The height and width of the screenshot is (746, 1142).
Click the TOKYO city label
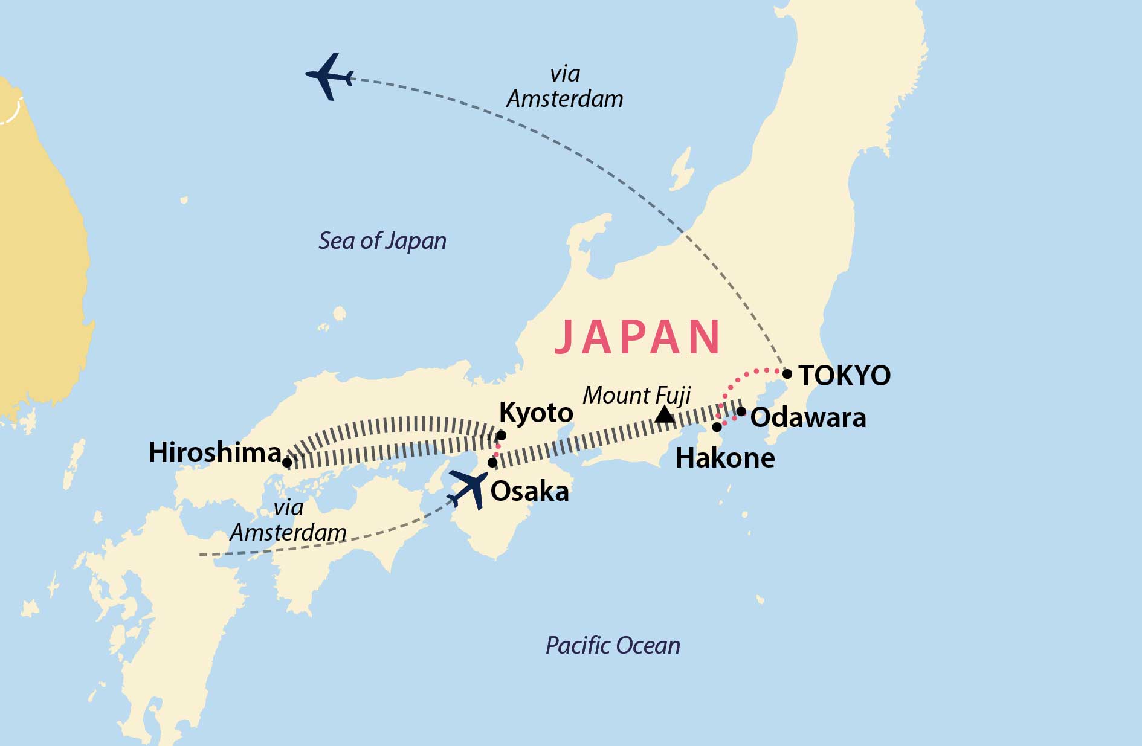pos(844,376)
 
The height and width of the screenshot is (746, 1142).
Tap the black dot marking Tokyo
pos(787,374)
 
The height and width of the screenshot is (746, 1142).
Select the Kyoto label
pos(536,414)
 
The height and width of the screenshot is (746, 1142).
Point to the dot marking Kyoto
pos(501,435)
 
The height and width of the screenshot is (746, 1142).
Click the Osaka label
pos(529,492)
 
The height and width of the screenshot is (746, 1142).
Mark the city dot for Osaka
pos(492,463)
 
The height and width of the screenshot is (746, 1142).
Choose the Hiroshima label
pos(215,452)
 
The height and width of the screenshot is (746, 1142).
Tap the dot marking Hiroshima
pos(288,463)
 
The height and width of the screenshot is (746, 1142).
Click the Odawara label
pos(808,418)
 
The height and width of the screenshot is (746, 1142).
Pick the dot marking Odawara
pos(741,411)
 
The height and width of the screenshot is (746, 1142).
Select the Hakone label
pos(725,458)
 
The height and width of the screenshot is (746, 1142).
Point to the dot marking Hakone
pos(717,427)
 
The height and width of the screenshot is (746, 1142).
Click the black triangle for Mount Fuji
pos(665,415)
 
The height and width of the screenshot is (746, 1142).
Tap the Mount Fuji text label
pos(636,396)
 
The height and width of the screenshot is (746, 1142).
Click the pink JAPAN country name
pos(637,336)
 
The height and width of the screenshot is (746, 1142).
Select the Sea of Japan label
pos(382,241)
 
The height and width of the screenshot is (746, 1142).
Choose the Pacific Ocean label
pos(613,646)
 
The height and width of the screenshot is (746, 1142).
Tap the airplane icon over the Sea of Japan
pos(329,77)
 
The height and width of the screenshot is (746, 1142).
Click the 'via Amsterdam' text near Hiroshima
pos(288,520)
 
